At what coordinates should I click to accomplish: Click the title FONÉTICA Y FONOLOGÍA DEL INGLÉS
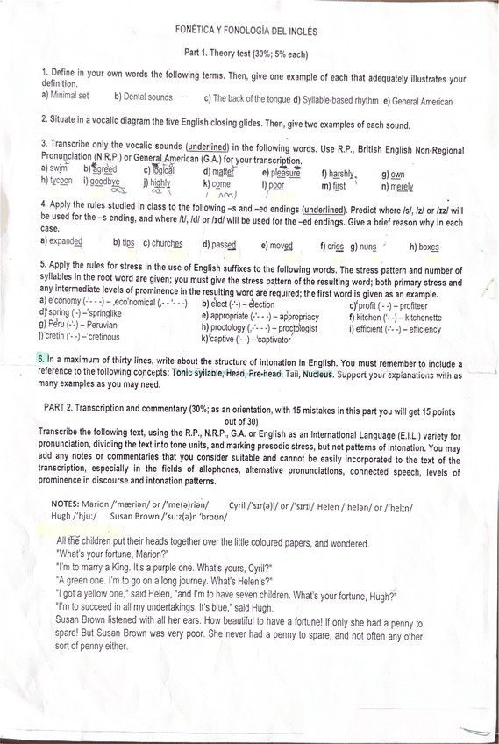click(246, 31)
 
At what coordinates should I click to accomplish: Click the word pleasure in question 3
click(284, 174)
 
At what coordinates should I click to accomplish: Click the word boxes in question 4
click(428, 247)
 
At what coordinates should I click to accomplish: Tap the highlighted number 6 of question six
click(42, 360)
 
